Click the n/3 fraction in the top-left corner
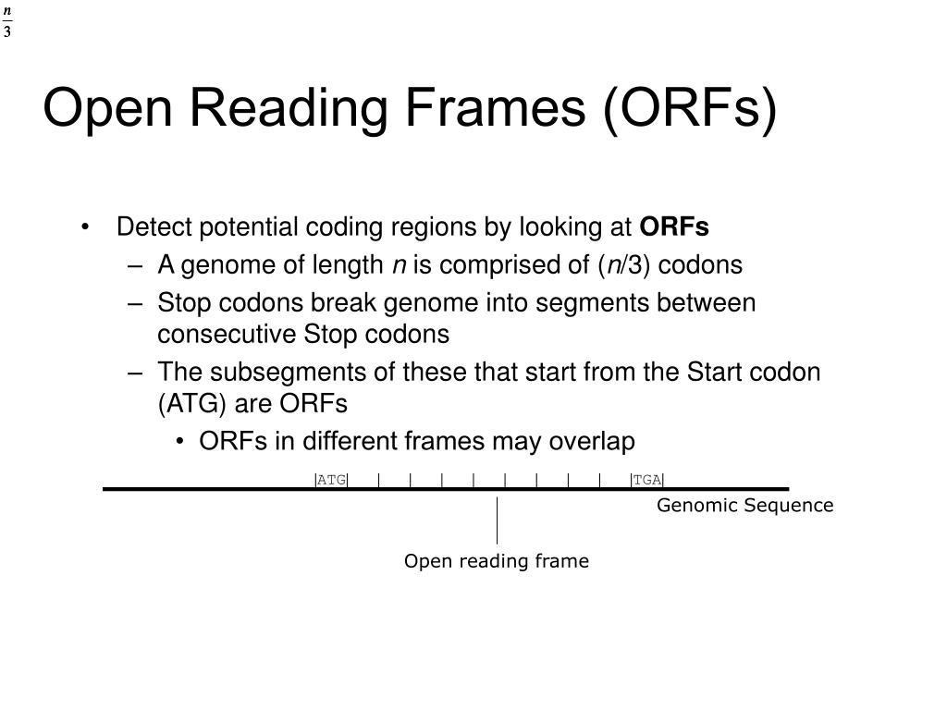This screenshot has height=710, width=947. pos(7,21)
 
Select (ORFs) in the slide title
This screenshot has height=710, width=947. pos(690,108)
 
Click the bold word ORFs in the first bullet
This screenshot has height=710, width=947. pos(675,227)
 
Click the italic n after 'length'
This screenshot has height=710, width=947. pos(400,266)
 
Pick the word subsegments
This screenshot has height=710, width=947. pos(268,373)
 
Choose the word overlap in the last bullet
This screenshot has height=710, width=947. pos(592,442)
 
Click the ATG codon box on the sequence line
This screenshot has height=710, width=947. pos(331,480)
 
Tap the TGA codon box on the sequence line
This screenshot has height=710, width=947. pos(647,480)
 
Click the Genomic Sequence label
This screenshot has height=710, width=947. pos(745,506)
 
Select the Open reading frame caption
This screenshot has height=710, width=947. pos(497,561)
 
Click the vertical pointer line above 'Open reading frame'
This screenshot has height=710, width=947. pos(497,520)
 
